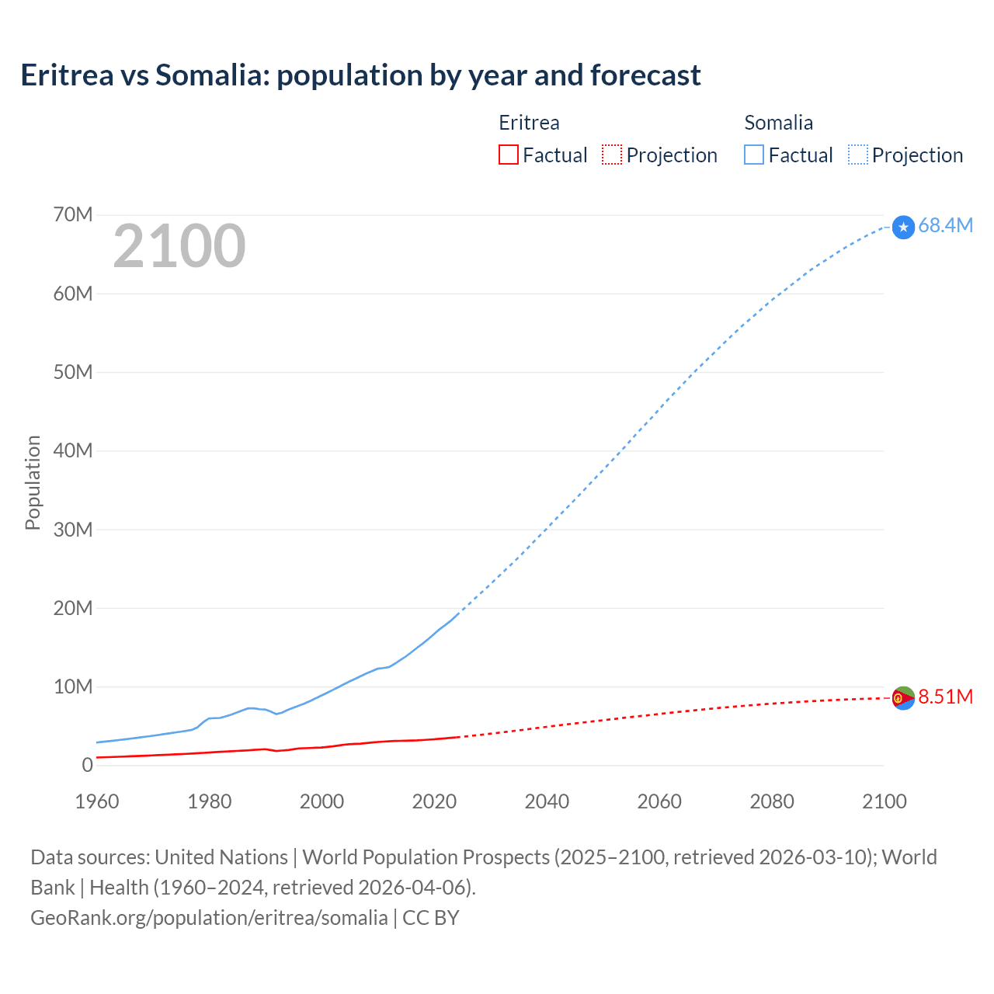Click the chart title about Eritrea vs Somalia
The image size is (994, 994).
tap(360, 75)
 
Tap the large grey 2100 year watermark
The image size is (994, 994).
tap(179, 246)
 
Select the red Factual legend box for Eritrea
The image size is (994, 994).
tap(508, 155)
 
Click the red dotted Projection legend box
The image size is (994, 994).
tap(612, 155)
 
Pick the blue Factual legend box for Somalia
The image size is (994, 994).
tap(753, 155)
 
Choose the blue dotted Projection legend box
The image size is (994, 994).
tap(857, 155)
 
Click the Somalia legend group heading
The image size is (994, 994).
tap(778, 123)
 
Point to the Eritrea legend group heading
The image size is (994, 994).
tap(529, 123)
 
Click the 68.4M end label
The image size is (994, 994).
tap(945, 225)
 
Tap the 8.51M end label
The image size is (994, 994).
tap(945, 697)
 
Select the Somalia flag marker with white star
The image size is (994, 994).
tap(903, 227)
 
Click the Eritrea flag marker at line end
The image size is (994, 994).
tap(903, 698)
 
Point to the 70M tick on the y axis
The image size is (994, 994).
tap(73, 214)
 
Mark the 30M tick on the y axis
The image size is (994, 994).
tap(73, 530)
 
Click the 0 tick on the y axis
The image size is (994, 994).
tap(87, 765)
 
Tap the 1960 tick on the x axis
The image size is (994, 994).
tap(97, 801)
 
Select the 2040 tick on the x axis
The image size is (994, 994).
tap(547, 801)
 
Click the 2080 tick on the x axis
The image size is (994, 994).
tap(772, 801)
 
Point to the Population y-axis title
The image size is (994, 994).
tap(33, 482)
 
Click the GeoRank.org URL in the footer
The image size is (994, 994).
tap(209, 918)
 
